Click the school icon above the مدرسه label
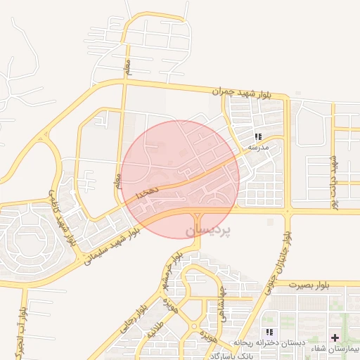259,136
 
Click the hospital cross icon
334,337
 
